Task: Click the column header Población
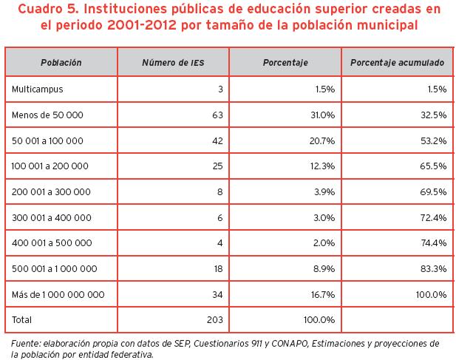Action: click(x=61, y=63)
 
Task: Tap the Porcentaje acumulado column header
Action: click(x=398, y=63)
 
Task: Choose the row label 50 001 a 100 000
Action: click(x=47, y=140)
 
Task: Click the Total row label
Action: click(x=23, y=321)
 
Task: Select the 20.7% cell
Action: click(x=322, y=140)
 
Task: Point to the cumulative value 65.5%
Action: click(x=432, y=166)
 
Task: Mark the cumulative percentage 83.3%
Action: click(x=432, y=269)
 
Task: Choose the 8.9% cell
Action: click(x=324, y=269)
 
